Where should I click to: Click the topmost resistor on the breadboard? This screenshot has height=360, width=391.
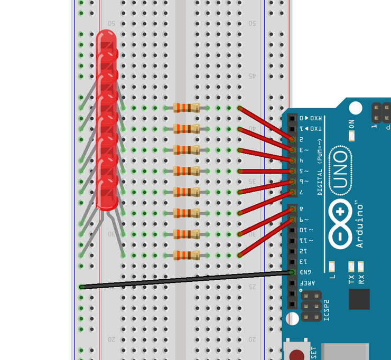point(186,108)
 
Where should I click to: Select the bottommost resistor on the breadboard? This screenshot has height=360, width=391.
point(186,255)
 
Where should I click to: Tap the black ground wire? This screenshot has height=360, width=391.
point(185,280)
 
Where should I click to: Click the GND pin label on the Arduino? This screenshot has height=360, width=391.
point(305,272)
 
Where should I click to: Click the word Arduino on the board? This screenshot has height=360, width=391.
point(360,224)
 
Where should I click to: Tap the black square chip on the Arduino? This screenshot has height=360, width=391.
point(359,299)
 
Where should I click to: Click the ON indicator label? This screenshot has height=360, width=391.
point(352,124)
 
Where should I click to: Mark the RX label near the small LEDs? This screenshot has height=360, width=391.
point(361,279)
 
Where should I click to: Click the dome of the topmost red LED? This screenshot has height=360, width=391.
point(106,38)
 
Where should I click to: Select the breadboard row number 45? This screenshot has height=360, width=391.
point(253,76)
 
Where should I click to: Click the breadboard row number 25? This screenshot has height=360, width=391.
point(253,287)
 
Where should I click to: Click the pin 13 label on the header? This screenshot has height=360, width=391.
point(303,261)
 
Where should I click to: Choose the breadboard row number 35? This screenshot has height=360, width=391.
point(253,181)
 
